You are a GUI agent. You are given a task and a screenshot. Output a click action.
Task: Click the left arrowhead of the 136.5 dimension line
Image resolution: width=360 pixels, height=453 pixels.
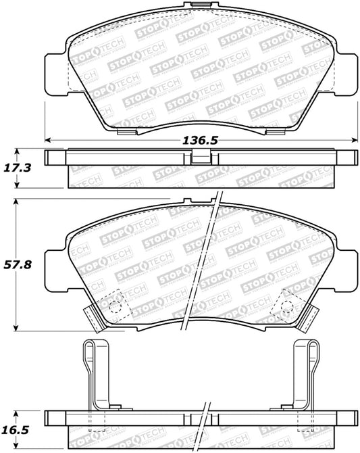(x=48, y=140)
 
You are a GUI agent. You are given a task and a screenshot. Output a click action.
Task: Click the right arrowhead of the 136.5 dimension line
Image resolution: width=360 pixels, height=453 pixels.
(x=355, y=140)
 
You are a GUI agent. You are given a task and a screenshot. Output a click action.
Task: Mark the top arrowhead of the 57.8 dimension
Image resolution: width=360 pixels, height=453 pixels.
(x=16, y=201)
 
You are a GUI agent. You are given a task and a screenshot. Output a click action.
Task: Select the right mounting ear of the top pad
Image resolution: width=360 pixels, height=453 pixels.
(x=347, y=72)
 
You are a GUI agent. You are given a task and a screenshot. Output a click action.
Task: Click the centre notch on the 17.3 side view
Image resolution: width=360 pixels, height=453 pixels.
(x=201, y=157)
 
